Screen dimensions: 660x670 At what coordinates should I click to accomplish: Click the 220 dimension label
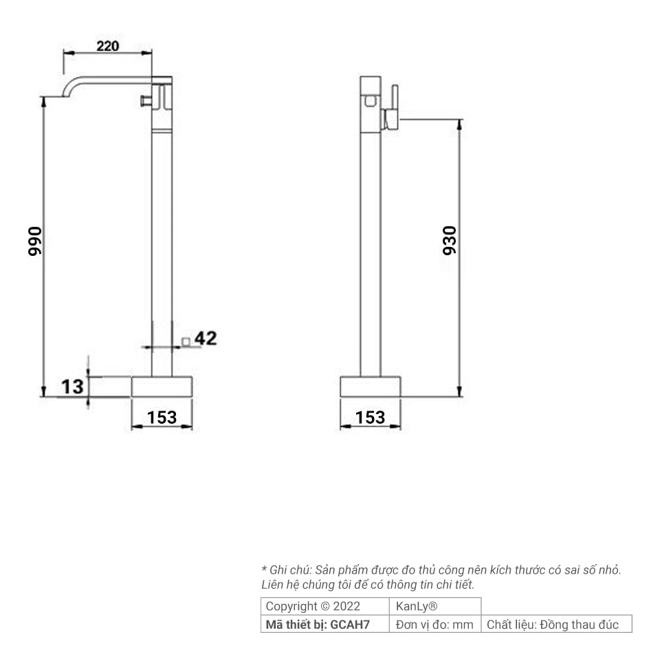click(x=108, y=45)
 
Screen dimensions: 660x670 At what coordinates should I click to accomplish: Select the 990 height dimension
click(x=34, y=241)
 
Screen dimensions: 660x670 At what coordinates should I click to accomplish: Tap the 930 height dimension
click(x=450, y=241)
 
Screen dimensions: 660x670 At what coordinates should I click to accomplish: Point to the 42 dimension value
click(x=206, y=338)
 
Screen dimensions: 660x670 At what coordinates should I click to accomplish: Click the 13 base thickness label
click(x=72, y=387)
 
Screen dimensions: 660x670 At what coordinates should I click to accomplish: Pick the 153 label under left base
click(x=162, y=418)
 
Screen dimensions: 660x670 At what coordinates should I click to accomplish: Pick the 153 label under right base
click(x=371, y=418)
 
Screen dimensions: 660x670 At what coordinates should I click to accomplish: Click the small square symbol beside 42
click(x=186, y=342)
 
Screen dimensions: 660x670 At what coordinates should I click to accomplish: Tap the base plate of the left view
click(x=162, y=387)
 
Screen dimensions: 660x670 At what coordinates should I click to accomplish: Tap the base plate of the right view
click(x=371, y=387)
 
